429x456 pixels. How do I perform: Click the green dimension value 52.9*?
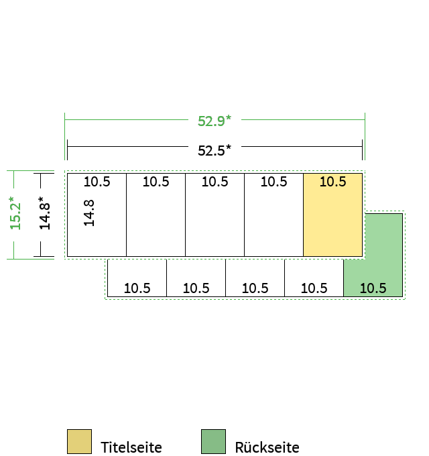point(214,121)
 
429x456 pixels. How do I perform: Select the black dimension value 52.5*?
point(214,150)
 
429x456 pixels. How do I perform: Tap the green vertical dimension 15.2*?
point(15,213)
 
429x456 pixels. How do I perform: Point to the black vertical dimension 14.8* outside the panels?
point(44,213)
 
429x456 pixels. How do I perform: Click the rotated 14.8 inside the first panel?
point(89,213)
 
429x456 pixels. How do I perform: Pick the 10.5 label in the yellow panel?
point(332,182)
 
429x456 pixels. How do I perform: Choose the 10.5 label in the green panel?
point(373,288)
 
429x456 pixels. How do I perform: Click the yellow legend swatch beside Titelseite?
point(79,441)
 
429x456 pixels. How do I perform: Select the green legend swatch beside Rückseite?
point(213,441)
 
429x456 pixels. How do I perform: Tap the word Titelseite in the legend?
point(131,447)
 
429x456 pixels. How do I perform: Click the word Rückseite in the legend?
point(267,447)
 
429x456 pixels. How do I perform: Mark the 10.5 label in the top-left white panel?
point(97,182)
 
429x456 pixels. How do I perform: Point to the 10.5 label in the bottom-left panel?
point(137,288)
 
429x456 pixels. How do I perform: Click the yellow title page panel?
point(332,215)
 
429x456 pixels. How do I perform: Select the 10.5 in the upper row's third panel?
point(214,182)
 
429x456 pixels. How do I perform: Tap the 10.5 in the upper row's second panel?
point(156,182)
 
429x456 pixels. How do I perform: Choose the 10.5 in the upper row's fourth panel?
point(273,182)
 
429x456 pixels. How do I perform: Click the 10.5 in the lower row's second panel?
point(196,288)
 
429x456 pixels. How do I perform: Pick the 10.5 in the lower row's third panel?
point(255,288)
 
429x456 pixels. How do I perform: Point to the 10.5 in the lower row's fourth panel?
point(314,288)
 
